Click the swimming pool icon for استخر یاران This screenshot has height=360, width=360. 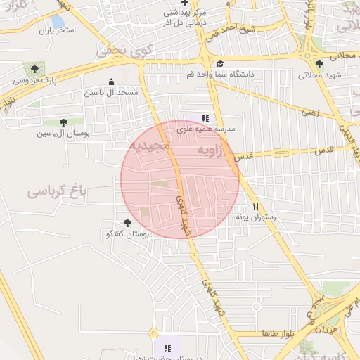point(58,21)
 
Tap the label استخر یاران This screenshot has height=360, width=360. point(56,32)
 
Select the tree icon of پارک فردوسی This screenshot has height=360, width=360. point(34,69)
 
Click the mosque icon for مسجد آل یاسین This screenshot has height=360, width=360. point(111,82)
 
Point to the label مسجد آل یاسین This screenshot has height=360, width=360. point(111,92)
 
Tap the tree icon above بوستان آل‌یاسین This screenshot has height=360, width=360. point(63,122)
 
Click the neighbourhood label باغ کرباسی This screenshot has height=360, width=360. point(56,191)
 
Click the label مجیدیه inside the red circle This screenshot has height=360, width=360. point(149,146)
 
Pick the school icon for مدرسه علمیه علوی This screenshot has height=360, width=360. point(205,119)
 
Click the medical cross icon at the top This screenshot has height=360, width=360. point(184,4)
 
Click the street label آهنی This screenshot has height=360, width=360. point(311,112)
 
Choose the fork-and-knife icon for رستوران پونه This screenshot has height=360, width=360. point(256,207)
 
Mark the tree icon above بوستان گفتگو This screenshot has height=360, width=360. point(127,223)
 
